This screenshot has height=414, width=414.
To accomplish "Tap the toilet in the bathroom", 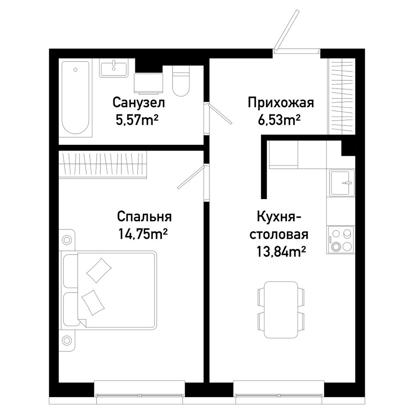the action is pyautogui.click(x=181, y=81).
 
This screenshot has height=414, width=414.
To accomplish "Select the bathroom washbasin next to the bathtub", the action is pyautogui.click(x=114, y=68).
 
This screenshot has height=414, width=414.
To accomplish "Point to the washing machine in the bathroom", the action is pyautogui.click(x=148, y=84).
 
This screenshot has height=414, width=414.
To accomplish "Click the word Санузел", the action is pyautogui.click(x=139, y=103).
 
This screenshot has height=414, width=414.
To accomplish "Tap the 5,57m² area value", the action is pyautogui.click(x=137, y=120).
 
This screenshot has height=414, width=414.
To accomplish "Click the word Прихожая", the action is pyautogui.click(x=281, y=103).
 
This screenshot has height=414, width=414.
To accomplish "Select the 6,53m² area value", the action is pyautogui.click(x=279, y=120).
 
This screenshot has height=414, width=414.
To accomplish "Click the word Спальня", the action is pyautogui.click(x=144, y=217).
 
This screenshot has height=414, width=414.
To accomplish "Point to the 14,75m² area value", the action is pyautogui.click(x=143, y=234).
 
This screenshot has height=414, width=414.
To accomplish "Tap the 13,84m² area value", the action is pyautogui.click(x=281, y=252).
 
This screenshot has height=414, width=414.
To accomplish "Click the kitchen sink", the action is pyautogui.click(x=341, y=183).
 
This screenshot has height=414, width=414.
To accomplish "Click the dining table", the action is pyautogui.click(x=281, y=309).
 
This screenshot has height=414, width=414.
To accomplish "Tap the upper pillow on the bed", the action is pyautogui.click(x=99, y=270).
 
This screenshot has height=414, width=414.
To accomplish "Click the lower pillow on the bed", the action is pyautogui.click(x=93, y=302).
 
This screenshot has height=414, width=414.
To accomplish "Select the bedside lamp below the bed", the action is pyautogui.click(x=67, y=340).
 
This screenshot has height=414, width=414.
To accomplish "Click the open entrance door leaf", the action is pyautogui.click(x=286, y=30).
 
